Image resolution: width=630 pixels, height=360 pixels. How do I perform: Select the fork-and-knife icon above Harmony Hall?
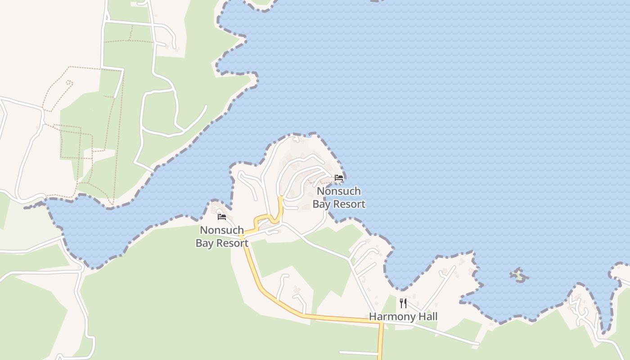coord(403,303)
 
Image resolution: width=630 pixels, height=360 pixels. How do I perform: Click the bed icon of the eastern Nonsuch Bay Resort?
coord(339,178)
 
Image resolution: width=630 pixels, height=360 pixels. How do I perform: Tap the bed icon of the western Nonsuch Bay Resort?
coord(222,217)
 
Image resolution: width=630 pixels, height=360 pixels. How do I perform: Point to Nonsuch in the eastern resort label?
coord(339,191)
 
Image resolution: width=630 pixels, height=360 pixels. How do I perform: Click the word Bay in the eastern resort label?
coord(321,204)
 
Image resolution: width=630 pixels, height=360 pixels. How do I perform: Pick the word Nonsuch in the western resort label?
coord(222,230)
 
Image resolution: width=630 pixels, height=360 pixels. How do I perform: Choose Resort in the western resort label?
coord(231,243)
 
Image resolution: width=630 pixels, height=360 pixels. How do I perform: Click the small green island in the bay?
coord(519,275)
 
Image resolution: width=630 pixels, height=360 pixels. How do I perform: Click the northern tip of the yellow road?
coord(280,198)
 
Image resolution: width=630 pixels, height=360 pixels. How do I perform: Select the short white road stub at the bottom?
coord(358,353)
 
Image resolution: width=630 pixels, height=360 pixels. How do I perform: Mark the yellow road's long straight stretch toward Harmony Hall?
coord(342,319)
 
